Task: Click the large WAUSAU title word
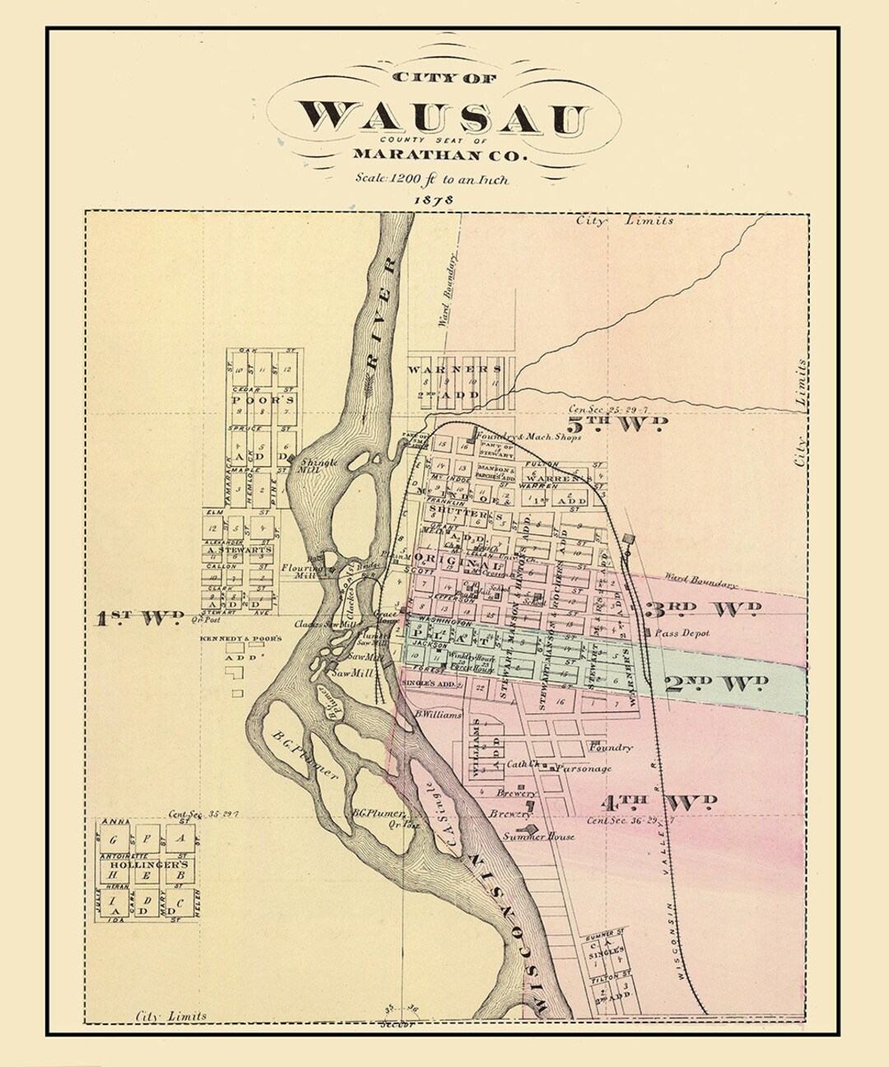(444, 118)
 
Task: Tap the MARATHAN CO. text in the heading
(441, 154)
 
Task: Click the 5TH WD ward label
(628, 425)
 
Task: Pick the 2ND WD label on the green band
(716, 683)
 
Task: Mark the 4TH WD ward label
(659, 802)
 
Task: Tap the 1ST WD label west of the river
(138, 618)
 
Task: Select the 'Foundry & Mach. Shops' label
(529, 437)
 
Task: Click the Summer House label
(538, 836)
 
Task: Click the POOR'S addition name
(263, 399)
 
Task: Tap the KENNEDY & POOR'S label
(240, 639)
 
